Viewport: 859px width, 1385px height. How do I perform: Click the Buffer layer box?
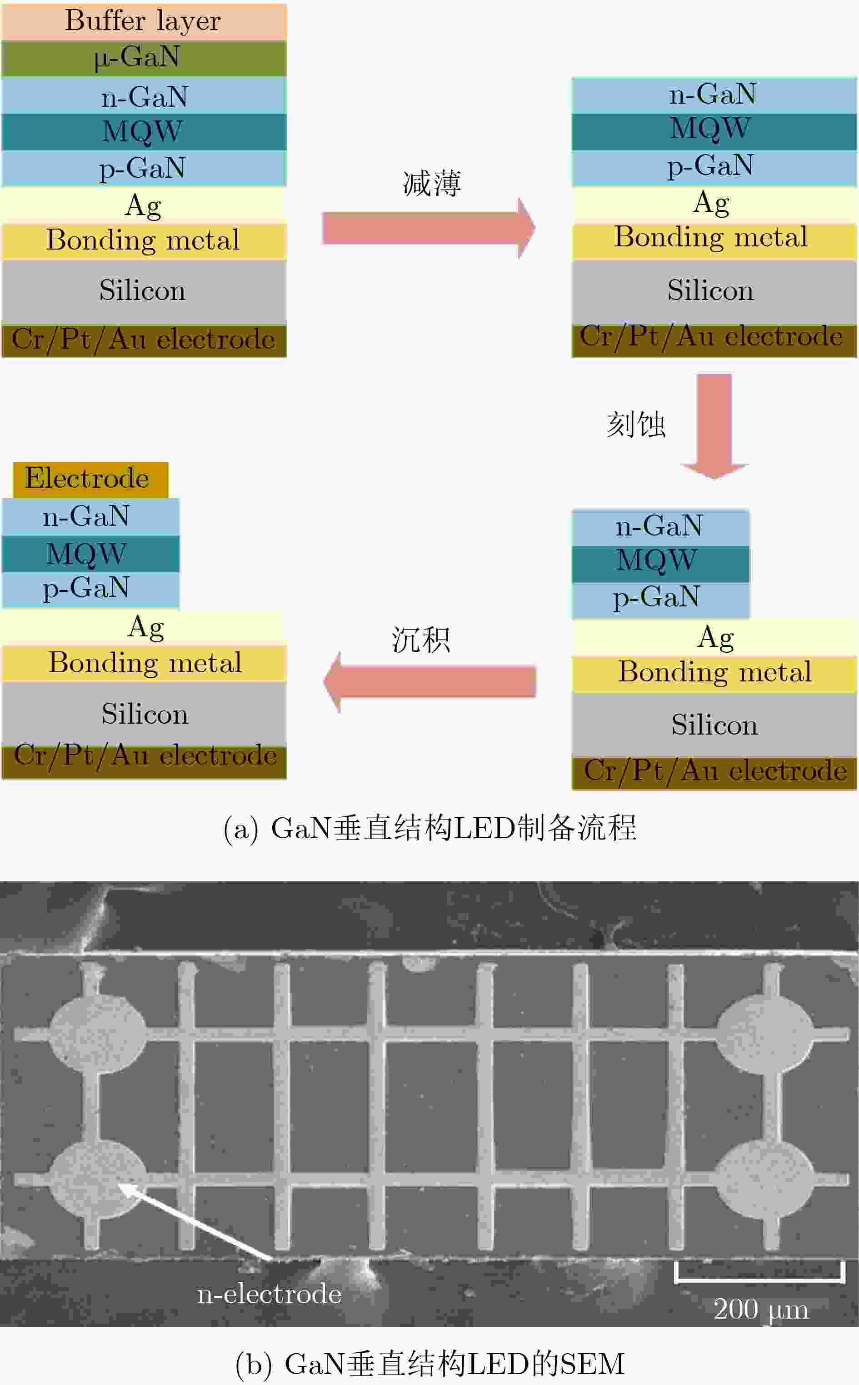[144, 21]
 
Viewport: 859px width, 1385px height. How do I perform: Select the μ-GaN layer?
[144, 58]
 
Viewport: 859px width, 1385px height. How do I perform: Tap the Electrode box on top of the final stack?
[91, 480]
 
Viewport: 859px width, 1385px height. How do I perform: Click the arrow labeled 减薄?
[429, 228]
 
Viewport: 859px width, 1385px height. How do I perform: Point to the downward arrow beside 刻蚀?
[714, 426]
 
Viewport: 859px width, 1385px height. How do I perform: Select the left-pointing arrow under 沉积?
[429, 682]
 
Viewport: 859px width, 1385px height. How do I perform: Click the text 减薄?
[432, 184]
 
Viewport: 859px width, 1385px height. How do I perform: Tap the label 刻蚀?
[636, 425]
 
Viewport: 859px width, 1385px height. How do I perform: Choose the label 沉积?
[420, 640]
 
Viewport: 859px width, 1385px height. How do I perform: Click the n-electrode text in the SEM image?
[269, 1293]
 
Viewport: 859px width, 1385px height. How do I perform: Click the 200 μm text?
[761, 1309]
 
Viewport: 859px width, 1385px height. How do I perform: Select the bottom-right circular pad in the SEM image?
[764, 1180]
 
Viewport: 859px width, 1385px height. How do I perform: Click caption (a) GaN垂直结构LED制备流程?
[430, 828]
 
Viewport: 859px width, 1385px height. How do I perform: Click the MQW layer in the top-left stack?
[144, 132]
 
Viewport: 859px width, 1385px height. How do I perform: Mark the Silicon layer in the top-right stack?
[714, 291]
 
